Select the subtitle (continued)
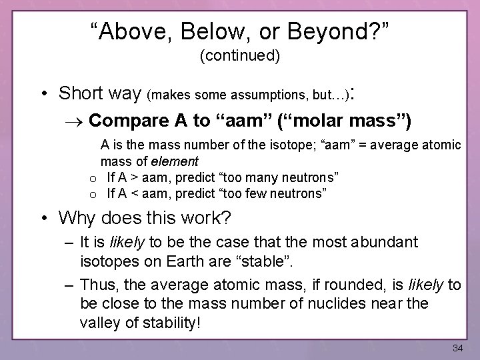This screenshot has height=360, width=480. click(x=240, y=57)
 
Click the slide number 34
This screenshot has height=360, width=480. click(x=457, y=348)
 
